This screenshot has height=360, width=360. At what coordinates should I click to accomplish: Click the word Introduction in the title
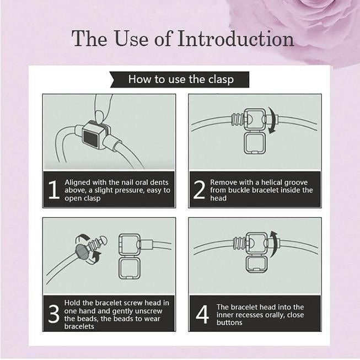(235, 39)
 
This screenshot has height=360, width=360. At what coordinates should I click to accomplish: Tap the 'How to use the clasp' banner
(180, 79)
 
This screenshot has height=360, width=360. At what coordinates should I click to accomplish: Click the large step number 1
(54, 190)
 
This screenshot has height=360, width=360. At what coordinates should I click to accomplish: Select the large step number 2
(199, 190)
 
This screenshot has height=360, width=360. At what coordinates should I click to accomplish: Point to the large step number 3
(54, 314)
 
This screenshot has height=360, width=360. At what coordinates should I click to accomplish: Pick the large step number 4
(202, 314)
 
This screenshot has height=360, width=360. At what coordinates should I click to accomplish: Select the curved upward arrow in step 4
(274, 244)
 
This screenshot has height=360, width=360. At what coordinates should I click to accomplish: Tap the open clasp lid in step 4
(256, 264)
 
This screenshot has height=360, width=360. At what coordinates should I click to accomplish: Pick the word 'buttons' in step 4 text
(229, 323)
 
